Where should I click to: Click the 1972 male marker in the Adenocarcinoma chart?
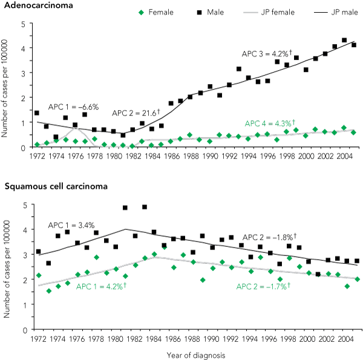37,113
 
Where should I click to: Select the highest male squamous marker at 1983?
145,207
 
